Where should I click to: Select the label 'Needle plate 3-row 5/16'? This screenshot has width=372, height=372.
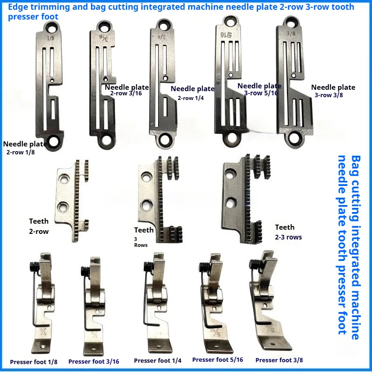click(259, 89)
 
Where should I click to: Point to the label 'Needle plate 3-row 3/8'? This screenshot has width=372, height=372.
click(333, 91)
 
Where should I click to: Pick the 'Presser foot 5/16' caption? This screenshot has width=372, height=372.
click(217, 359)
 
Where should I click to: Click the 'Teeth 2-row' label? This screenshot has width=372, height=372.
click(39, 226)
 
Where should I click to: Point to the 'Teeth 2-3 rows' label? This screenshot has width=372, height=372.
click(288, 232)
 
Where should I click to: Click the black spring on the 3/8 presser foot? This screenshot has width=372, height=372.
click(254, 263)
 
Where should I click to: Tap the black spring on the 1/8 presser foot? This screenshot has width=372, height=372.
click(33, 266)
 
